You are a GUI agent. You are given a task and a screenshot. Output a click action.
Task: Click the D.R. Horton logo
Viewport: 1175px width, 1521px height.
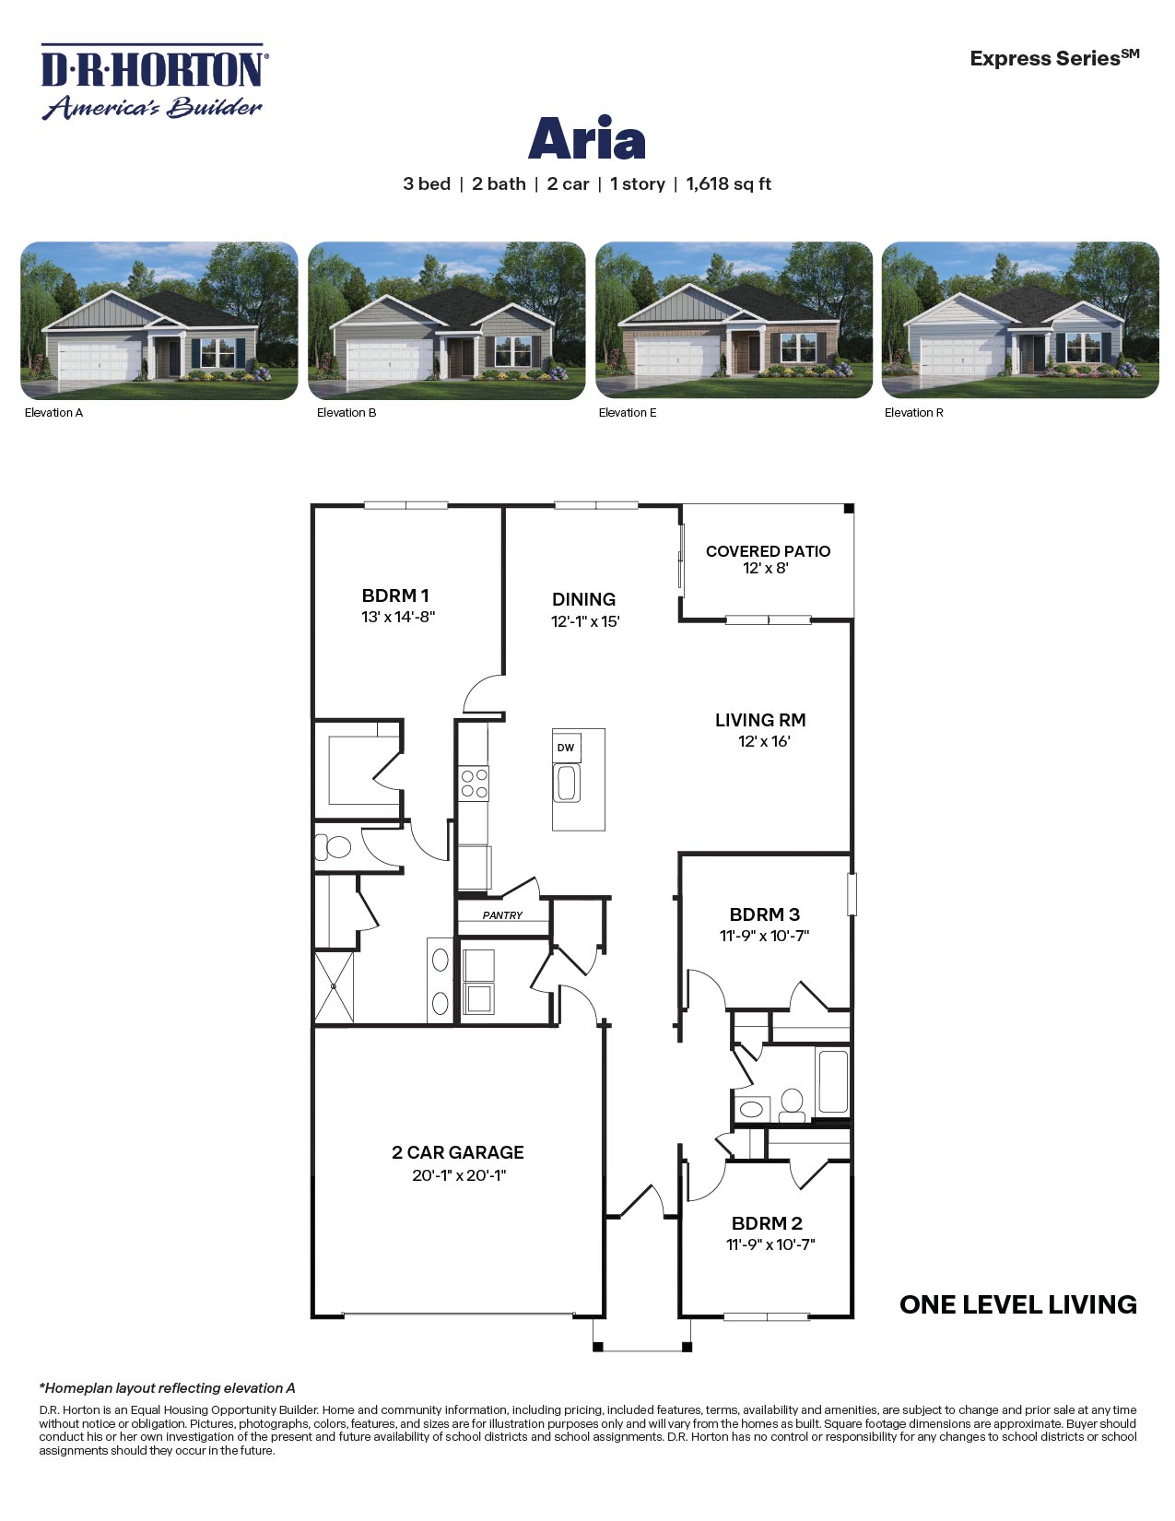click(153, 82)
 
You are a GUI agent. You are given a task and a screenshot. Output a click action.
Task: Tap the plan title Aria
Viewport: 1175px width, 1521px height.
click(586, 139)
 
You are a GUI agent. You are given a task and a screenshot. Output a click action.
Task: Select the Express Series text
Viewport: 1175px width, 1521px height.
click(1053, 58)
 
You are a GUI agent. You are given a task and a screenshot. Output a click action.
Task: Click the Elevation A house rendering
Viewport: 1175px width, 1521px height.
click(159, 321)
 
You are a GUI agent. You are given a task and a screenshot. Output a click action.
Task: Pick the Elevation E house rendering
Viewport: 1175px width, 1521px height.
click(734, 321)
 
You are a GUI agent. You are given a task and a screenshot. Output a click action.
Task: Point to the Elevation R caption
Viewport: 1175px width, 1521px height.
click(913, 413)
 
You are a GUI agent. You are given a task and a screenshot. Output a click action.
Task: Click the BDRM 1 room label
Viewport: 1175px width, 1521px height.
click(395, 595)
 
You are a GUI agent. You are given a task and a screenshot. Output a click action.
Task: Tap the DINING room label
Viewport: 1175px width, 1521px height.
click(583, 599)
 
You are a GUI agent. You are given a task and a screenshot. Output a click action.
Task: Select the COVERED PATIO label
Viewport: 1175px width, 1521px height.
click(768, 551)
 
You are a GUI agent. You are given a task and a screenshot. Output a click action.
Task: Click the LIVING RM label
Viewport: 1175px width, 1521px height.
click(760, 720)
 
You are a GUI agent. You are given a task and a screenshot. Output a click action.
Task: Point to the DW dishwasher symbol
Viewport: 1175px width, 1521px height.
click(566, 748)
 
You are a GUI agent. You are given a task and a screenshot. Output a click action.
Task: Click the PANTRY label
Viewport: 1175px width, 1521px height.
click(502, 915)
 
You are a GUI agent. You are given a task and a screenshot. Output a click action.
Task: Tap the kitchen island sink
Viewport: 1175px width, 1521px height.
click(566, 784)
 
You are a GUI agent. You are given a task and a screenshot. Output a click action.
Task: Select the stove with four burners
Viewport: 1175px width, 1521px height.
click(475, 784)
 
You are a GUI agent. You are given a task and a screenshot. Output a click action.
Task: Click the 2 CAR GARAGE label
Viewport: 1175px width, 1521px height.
click(458, 1152)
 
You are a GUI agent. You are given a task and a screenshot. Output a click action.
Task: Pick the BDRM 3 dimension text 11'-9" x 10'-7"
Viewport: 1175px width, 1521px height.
click(764, 936)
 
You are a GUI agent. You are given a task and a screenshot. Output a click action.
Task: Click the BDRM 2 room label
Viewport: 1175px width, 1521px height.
click(767, 1223)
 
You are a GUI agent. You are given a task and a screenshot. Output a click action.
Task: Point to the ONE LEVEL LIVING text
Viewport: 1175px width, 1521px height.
click(1017, 1304)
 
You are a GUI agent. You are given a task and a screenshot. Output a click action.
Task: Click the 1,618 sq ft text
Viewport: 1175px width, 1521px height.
click(728, 183)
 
